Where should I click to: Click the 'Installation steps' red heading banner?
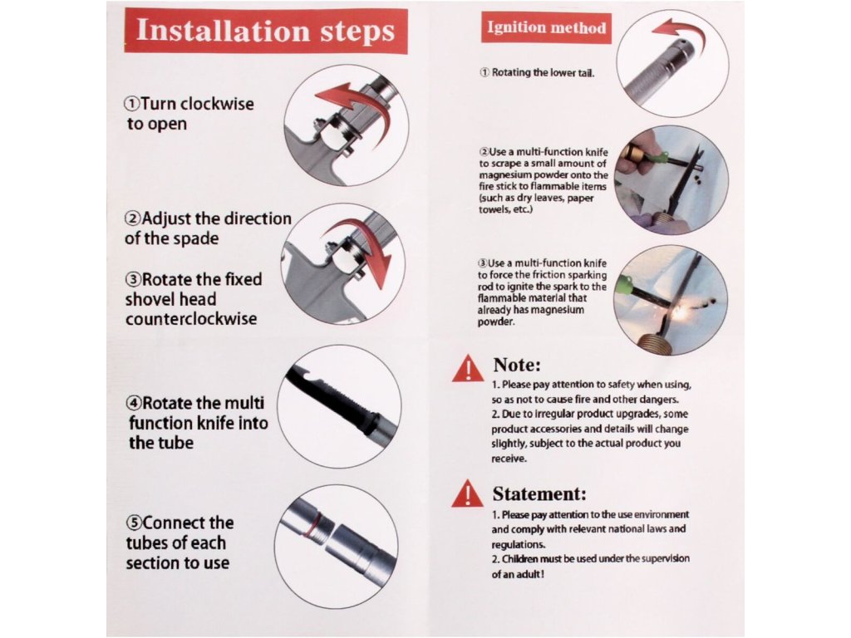click(x=266, y=31)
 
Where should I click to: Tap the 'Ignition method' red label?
click(x=546, y=27)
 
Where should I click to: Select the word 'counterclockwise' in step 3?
click(x=191, y=318)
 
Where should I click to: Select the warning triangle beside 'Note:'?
click(x=467, y=369)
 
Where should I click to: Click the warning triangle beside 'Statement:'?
click(x=467, y=493)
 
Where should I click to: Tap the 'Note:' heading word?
click(x=517, y=366)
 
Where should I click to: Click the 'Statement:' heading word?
click(x=539, y=494)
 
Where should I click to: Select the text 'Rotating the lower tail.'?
click(x=543, y=73)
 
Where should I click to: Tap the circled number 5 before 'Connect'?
click(x=134, y=523)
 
